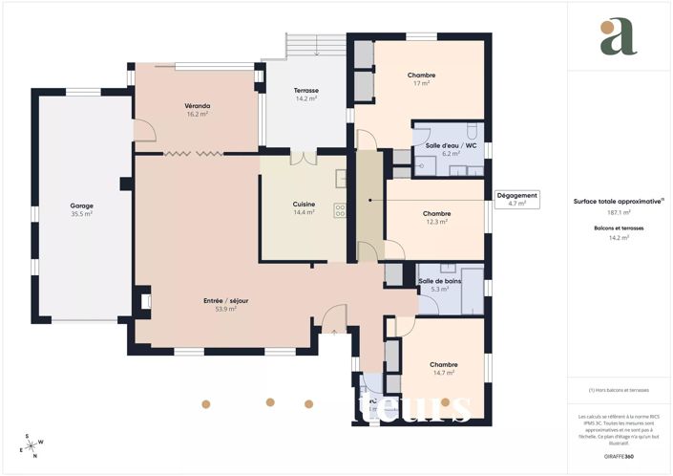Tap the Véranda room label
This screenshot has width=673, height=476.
point(198,105)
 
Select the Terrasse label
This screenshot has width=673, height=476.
point(305,90)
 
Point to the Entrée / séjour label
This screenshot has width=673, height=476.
point(225,300)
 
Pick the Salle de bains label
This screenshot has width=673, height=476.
point(439,280)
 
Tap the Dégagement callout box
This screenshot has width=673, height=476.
point(517,199)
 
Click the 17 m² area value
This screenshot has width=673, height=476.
point(421,84)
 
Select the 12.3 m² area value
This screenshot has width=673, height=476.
point(436,222)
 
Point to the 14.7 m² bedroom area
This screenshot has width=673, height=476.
point(443,373)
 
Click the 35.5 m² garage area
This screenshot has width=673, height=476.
point(81,214)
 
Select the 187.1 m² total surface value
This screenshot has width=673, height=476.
point(620,212)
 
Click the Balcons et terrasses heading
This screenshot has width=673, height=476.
point(620,228)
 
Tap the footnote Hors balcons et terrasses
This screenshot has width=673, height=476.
point(620,390)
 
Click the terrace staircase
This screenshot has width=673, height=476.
point(314,47)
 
